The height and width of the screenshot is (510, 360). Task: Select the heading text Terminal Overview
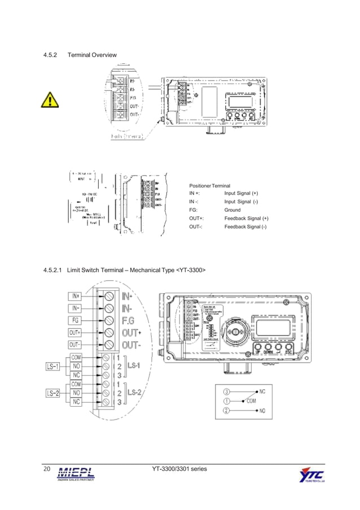click(92, 55)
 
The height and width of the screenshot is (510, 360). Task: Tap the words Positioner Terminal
click(209, 186)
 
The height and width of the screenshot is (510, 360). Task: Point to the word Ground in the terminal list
click(232, 210)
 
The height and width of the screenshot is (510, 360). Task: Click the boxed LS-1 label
click(52, 366)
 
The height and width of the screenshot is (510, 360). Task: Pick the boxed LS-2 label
click(52, 392)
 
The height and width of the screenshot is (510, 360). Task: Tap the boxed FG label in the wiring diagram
click(76, 320)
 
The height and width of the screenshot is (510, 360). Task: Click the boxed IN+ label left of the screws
click(76, 295)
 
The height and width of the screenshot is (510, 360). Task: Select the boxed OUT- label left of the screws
click(75, 345)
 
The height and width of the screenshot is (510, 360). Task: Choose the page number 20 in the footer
click(47, 469)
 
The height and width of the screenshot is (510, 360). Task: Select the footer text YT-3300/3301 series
click(179, 469)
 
